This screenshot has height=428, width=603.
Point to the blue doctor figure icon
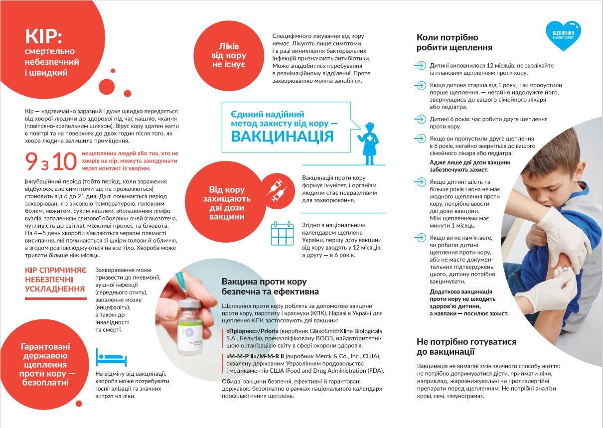[x=369, y=143]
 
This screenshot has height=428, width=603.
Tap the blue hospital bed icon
[x=107, y=356]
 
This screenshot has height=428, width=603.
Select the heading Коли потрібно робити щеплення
[x=454, y=43]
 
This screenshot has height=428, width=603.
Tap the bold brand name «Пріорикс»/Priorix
[x=252, y=331]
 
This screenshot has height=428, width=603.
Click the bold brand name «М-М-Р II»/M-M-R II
[x=255, y=356]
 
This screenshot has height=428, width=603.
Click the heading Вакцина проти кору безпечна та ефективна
[x=270, y=286]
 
